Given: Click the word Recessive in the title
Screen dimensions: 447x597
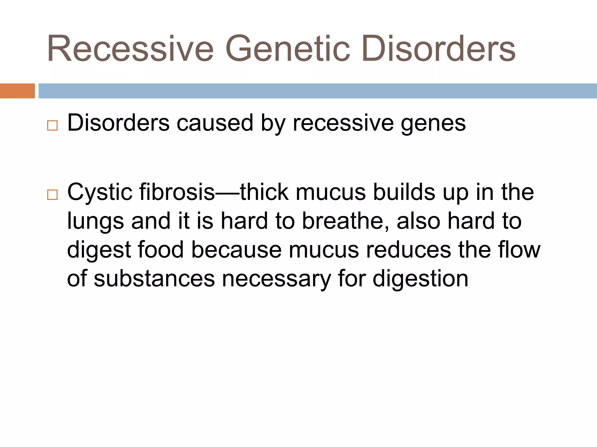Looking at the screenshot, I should (x=130, y=49).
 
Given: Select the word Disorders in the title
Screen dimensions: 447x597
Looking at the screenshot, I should (x=438, y=49).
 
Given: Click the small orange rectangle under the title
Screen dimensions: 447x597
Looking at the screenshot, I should (x=17, y=91).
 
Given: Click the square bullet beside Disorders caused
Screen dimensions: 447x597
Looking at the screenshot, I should (x=52, y=126).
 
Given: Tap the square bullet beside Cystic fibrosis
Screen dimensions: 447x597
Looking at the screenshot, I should (x=52, y=195).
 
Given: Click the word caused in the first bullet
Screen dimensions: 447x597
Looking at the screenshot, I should (x=215, y=123).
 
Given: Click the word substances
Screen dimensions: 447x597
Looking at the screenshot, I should (x=154, y=279).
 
